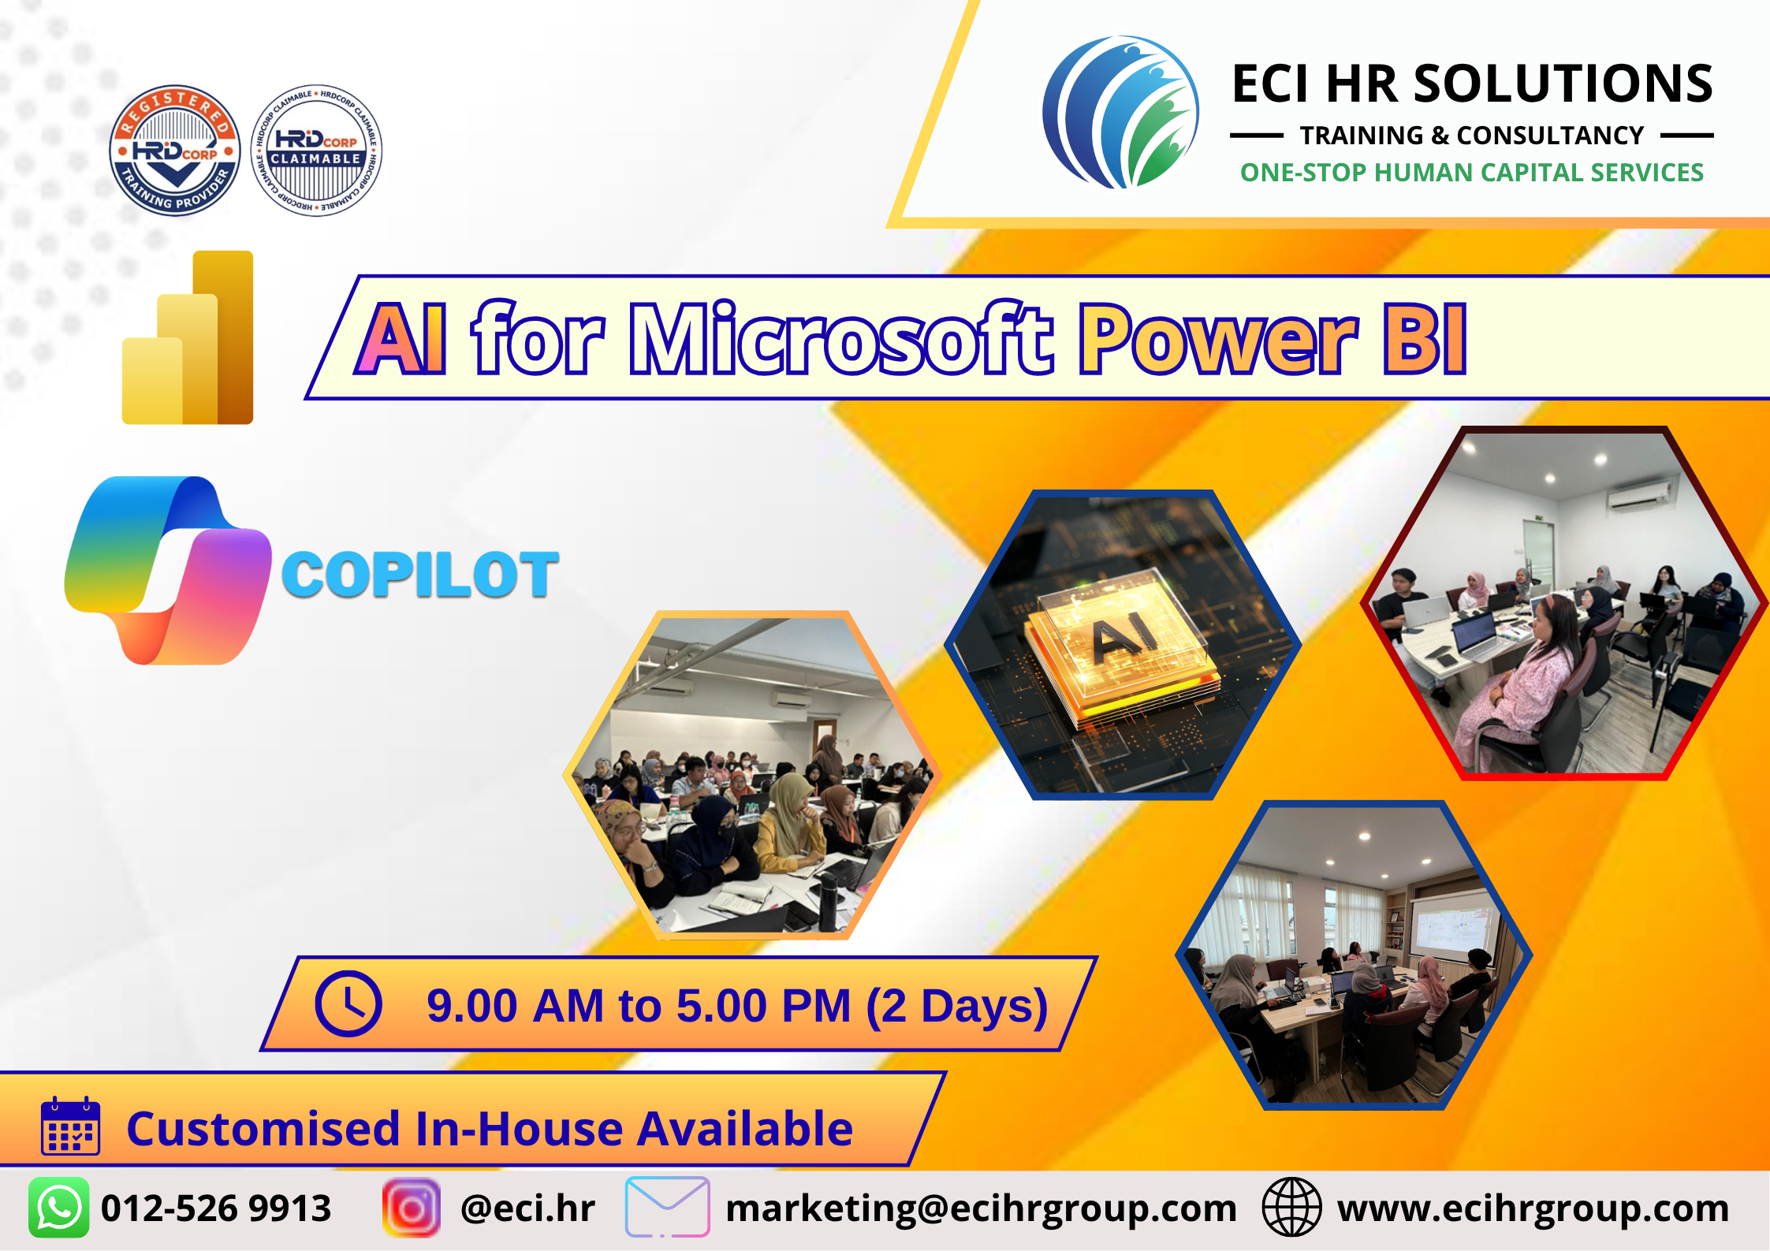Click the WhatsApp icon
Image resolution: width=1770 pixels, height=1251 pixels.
[59, 1208]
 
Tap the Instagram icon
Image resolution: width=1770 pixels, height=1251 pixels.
[411, 1208]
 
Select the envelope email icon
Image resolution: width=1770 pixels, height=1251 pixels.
[667, 1207]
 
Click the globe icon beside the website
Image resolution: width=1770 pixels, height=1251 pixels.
[1291, 1208]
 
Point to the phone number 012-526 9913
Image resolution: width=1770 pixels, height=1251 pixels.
[216, 1208]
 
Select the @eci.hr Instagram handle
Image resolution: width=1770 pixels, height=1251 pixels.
[527, 1208]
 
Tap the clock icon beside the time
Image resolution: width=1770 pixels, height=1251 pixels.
[348, 1003]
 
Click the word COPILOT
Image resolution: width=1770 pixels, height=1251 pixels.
[420, 575]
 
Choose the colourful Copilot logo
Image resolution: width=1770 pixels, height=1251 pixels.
[168, 570]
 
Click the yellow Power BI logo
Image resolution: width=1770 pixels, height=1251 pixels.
[188, 337]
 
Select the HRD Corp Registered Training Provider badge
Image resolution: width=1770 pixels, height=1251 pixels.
[175, 150]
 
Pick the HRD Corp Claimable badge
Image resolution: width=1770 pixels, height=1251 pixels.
[316, 150]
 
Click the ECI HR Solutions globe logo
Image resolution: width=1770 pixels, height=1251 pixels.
[1120, 112]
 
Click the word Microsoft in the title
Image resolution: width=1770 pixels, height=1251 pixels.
[841, 338]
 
